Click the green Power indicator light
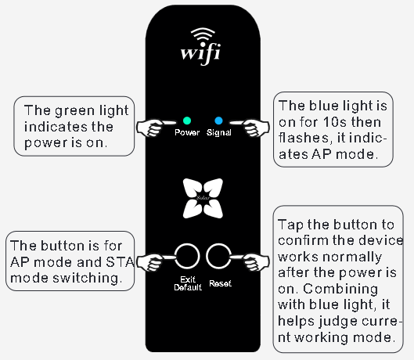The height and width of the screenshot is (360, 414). pyautogui.click(x=187, y=121)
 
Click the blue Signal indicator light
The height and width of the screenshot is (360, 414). pyautogui.click(x=219, y=121)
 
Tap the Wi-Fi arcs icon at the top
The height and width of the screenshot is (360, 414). pyautogui.click(x=203, y=35)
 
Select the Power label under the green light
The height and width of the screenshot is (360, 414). pyautogui.click(x=187, y=132)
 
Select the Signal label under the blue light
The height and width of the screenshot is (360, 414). pyautogui.click(x=219, y=132)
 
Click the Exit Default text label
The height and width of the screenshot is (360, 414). pyautogui.click(x=188, y=283)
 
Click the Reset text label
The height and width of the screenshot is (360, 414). pyautogui.click(x=220, y=283)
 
